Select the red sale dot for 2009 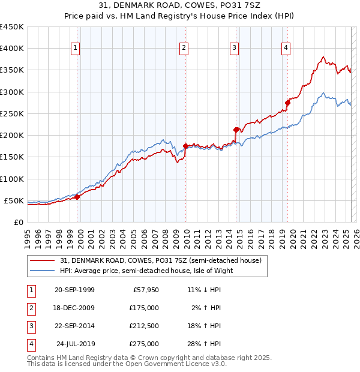click(x=185, y=146)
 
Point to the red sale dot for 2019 click(x=287, y=103)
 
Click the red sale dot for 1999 click(x=77, y=197)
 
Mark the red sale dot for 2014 click(x=236, y=129)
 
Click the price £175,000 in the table click(x=144, y=308)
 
